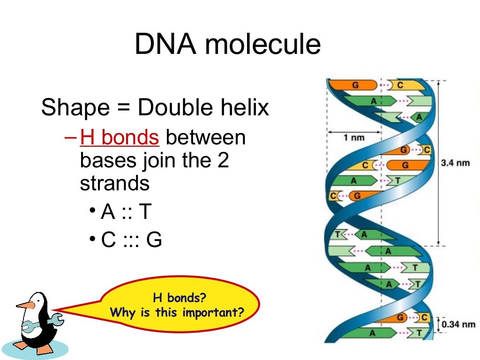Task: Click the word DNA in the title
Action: pos(165,45)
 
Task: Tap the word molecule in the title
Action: pos(263,45)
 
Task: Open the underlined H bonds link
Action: pos(120,138)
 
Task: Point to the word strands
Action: pos(115,183)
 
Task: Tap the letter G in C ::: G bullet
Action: pos(154,240)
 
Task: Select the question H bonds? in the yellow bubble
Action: pos(180,298)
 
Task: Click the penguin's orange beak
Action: pos(26,305)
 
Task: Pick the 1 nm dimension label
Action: pos(353,138)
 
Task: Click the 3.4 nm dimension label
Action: pos(455,164)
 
